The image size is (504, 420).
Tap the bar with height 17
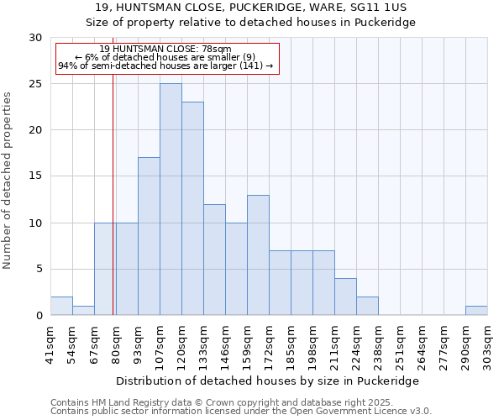coord(149,236)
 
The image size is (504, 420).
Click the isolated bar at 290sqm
coord(476,310)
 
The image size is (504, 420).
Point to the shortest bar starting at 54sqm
coord(83,310)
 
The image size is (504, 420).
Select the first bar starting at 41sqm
coord(61,306)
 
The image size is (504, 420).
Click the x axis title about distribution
coord(269,381)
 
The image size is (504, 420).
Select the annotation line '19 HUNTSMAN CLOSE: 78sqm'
coord(165,49)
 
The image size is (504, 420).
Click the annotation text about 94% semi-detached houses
coord(165,66)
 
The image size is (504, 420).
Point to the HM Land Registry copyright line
coord(239,402)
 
